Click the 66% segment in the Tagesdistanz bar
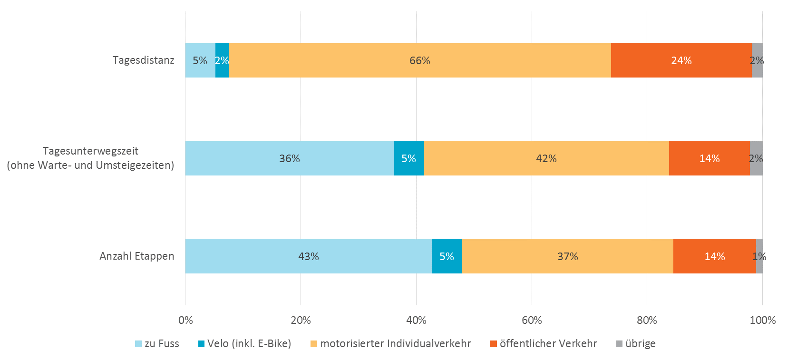(x=420, y=60)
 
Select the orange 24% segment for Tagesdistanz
(x=681, y=60)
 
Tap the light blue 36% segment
(x=289, y=158)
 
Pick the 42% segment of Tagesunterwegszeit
(x=546, y=158)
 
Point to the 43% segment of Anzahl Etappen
(x=308, y=256)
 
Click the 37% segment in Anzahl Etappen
(x=567, y=256)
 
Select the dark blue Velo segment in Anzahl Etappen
(x=447, y=256)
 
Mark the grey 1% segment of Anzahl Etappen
(x=759, y=256)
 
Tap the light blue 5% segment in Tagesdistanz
(x=200, y=60)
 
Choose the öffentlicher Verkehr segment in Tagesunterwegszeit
(x=709, y=158)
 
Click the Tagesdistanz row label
(x=143, y=60)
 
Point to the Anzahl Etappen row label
(x=136, y=256)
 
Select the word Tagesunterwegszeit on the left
(x=90, y=151)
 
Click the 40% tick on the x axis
(x=416, y=321)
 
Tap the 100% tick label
(x=762, y=321)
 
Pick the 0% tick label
(x=185, y=321)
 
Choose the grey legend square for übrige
(x=619, y=344)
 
